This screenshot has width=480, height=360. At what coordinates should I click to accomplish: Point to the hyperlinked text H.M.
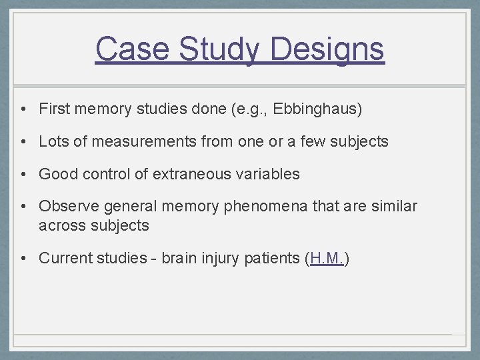(327, 258)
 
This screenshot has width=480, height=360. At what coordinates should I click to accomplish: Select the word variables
(265, 174)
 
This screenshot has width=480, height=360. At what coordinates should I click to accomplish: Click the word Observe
(67, 207)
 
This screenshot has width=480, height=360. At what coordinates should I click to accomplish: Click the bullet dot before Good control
(23, 175)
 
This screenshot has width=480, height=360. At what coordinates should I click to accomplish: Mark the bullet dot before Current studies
(23, 259)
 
